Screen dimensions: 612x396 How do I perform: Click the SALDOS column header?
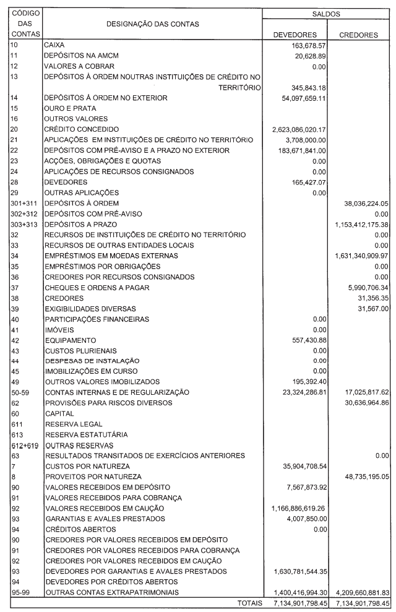[x=328, y=13]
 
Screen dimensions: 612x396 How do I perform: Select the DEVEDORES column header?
[x=295, y=35]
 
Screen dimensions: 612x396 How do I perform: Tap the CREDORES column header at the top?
[x=359, y=35]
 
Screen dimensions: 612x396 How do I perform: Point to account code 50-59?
[x=19, y=392]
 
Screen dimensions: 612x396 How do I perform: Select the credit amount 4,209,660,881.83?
[x=356, y=592]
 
